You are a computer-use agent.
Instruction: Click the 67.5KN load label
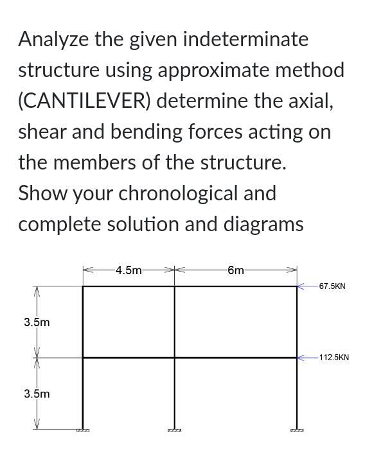[332, 286]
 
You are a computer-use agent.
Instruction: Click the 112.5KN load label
[334, 357]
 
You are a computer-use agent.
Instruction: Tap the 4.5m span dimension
[129, 270]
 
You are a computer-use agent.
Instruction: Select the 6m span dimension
[236, 270]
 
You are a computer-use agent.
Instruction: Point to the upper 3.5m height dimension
[37, 322]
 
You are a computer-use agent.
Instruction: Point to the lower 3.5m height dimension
[37, 393]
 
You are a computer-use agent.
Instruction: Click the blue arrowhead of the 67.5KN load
[300, 286]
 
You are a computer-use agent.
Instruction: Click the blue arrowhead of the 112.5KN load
[300, 358]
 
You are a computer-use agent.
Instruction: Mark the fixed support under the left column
[83, 430]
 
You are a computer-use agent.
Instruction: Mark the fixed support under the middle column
[175, 430]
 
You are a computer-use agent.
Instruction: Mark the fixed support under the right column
[297, 430]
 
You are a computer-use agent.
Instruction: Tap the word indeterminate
[245, 39]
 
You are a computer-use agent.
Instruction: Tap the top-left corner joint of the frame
[83, 286]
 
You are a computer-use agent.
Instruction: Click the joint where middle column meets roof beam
[175, 286]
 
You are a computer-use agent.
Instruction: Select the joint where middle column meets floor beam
[175, 358]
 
